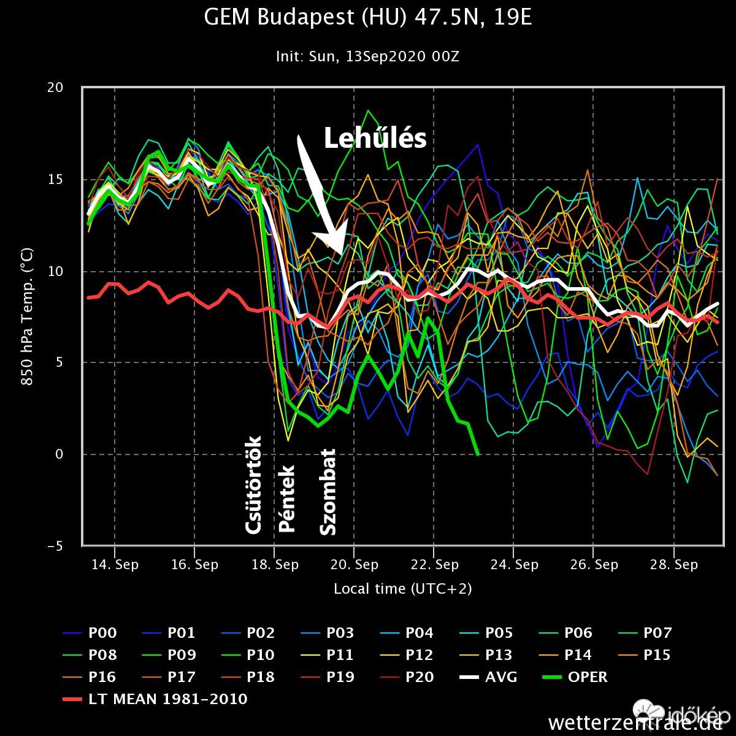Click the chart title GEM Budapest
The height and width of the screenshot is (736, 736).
367,18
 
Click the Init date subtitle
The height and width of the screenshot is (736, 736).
367,57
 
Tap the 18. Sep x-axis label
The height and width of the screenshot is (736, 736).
274,564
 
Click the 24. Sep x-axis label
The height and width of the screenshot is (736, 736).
513,564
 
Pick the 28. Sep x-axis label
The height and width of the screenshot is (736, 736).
673,564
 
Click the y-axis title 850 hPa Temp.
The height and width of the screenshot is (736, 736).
27,317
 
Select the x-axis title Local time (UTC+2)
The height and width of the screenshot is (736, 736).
402,589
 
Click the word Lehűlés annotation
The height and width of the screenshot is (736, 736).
375,139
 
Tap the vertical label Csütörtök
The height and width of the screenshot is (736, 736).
253,485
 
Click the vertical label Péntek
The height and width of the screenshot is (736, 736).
286,498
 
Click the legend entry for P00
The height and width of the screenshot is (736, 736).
102,633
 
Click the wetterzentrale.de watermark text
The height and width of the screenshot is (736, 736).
635,722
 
